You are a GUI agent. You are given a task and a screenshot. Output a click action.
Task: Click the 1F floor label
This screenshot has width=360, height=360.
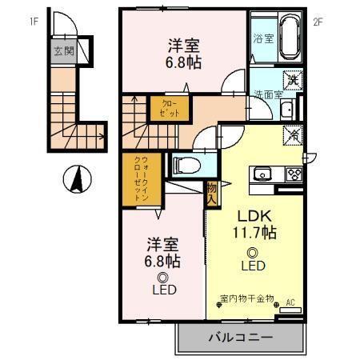pos(34,22)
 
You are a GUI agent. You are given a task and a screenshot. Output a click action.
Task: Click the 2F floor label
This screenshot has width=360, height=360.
pos(318,22)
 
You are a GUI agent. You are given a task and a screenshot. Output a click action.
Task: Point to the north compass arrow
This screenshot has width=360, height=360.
pos(77,178)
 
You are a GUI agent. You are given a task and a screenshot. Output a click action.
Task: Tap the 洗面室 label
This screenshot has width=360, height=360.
pos(270,94)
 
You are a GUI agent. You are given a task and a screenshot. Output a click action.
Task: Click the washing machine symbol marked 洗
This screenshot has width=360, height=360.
pos(293,78)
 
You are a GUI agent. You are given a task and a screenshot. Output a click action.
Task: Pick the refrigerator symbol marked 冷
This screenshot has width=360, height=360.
pos(293,135)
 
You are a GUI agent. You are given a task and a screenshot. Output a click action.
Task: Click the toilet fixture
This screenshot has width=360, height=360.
pos(186,165)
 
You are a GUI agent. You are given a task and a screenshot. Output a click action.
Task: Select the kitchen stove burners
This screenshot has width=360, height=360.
pos(293,174)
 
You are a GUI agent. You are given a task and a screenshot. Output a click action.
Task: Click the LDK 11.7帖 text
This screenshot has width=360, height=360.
pos(254,224)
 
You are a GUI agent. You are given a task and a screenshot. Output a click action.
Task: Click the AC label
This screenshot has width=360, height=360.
pos(291,302)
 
